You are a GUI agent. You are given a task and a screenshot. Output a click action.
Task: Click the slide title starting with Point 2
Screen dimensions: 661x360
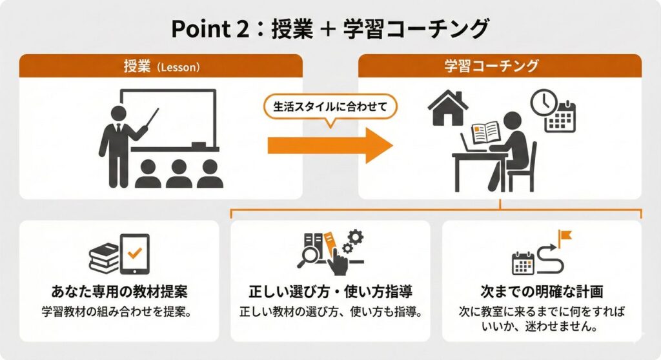[330, 29]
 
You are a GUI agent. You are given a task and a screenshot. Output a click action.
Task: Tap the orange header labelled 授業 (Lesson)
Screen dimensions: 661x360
[161, 66]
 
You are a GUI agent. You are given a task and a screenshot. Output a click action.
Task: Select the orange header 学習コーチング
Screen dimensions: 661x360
[500, 66]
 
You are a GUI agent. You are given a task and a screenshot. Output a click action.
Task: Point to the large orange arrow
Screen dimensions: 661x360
[330, 145]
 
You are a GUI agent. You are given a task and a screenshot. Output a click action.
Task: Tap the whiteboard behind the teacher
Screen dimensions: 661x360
[168, 120]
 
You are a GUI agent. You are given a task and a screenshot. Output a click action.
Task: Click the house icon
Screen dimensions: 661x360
[448, 108]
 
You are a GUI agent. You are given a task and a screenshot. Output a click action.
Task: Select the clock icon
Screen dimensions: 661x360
[544, 103]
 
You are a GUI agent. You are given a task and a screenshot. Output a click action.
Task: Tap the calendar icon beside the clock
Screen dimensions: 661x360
[560, 117]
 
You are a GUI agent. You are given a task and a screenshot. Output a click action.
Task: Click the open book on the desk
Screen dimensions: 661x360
[485, 133]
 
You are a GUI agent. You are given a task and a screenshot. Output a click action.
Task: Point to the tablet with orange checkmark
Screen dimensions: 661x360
[134, 254]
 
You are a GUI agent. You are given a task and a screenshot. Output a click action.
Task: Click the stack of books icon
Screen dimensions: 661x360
[104, 257]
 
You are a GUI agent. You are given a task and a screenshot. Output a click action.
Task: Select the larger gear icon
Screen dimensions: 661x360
[356, 237]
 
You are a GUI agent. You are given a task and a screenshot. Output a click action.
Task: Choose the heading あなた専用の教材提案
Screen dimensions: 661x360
[119, 291]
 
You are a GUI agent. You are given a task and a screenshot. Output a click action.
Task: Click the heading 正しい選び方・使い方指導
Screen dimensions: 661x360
[330, 291]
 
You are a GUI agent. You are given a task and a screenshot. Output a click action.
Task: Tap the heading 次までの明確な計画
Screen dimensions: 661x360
[542, 291]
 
